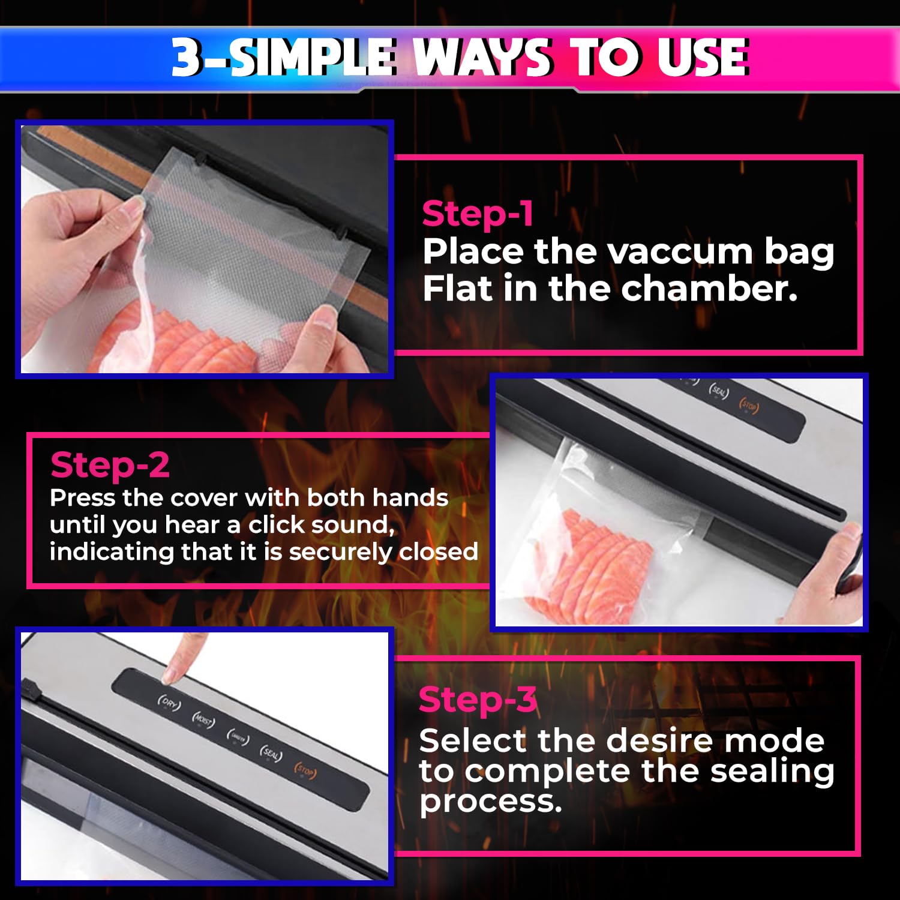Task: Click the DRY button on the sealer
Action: [x=169, y=703]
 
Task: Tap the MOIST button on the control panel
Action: [x=203, y=720]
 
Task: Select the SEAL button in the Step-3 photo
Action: [x=271, y=754]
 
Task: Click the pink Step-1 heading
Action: [x=478, y=214]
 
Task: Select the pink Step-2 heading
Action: [x=110, y=466]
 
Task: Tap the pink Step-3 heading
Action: [x=478, y=700]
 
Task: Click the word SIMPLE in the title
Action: [x=312, y=58]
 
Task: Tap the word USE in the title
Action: [x=702, y=58]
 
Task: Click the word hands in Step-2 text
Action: [x=410, y=498]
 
